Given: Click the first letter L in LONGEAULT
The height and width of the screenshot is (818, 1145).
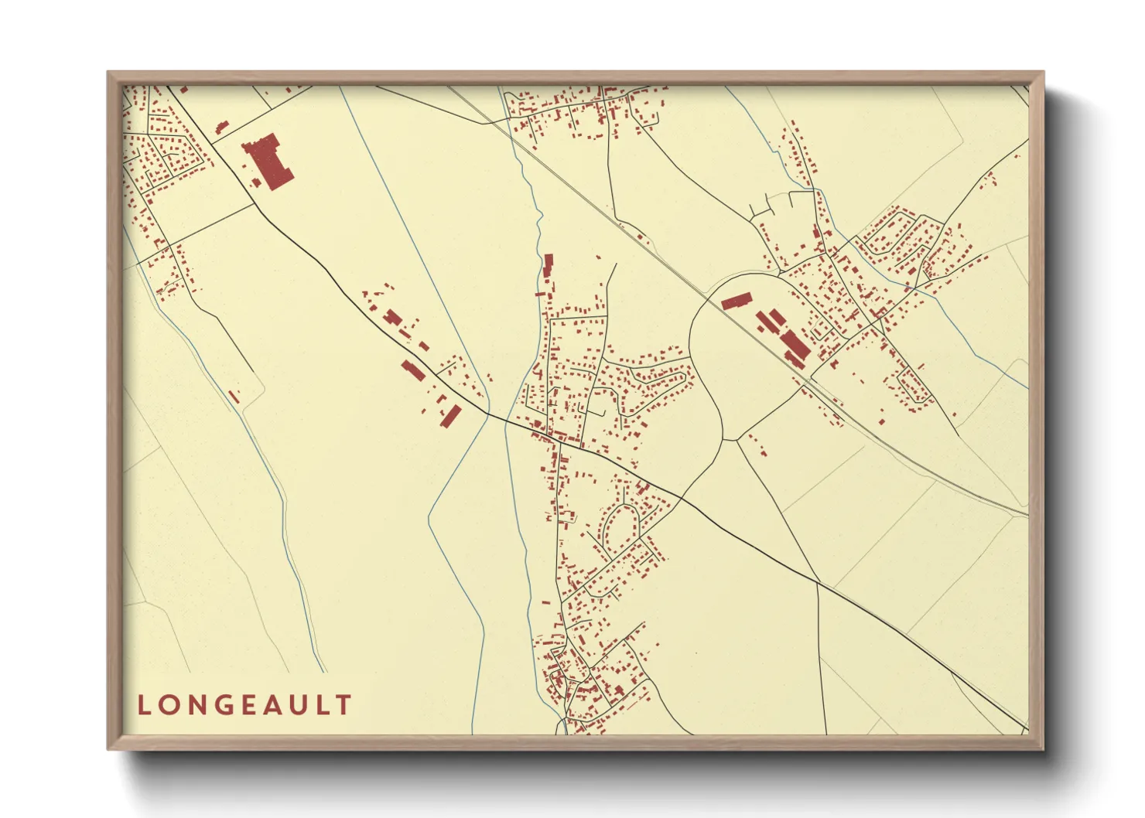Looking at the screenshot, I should coord(145,705).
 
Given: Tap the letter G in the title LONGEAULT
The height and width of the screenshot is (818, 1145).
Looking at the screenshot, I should coord(222,705).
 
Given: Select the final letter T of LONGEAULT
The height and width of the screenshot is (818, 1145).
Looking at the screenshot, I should coord(343,705).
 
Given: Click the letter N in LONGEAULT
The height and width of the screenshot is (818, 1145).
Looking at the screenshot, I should coord(196,705).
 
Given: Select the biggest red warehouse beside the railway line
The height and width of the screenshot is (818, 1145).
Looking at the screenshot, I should coord(795,346).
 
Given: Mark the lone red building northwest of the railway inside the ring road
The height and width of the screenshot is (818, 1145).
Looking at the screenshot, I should coord(737,301).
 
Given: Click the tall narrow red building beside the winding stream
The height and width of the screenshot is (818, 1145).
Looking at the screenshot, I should coord(549,266).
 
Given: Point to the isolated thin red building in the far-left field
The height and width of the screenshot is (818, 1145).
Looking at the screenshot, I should coord(234,396).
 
